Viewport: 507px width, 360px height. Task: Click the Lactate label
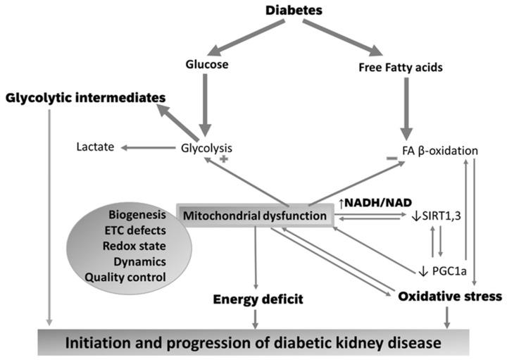coord(96,148)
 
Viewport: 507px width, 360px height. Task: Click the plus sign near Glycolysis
coord(225,161)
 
